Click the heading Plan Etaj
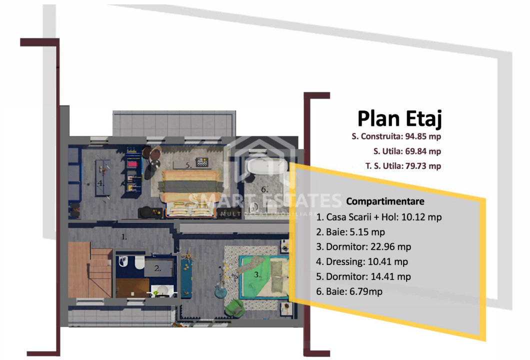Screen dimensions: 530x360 coord(399,118)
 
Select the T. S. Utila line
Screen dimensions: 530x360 coord(403,166)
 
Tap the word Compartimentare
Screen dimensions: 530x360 coord(385,201)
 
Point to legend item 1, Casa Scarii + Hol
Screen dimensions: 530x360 coord(379,217)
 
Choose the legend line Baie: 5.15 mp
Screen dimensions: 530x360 coord(350,232)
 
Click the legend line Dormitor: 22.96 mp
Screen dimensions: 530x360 coord(363,247)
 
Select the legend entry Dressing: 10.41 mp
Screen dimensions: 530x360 coord(362,262)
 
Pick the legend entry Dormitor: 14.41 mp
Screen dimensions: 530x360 coord(363,277)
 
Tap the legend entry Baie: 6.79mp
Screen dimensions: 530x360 coord(349,291)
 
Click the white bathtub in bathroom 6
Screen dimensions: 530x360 coord(267,166)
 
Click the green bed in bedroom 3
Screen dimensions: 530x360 coord(264,277)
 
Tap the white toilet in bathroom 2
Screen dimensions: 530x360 coord(139,262)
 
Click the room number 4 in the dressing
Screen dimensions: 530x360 coord(100,183)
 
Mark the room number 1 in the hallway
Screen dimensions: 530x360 coord(124,237)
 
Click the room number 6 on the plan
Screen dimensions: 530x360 coord(264,189)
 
